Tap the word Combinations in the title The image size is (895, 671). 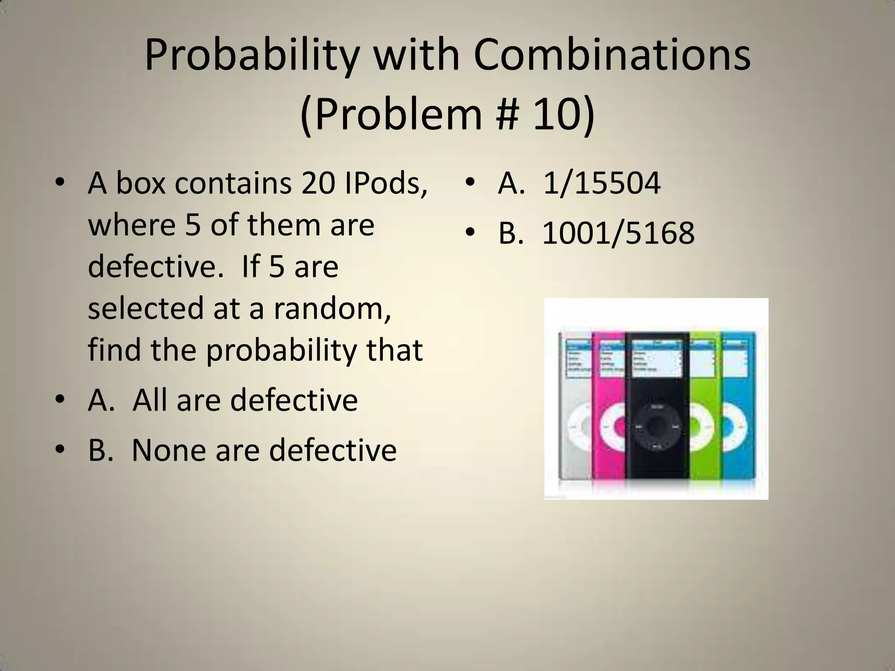(x=612, y=56)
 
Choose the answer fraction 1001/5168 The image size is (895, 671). (x=618, y=233)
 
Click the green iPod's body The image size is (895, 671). (x=704, y=454)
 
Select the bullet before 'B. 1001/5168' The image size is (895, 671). (x=470, y=233)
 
